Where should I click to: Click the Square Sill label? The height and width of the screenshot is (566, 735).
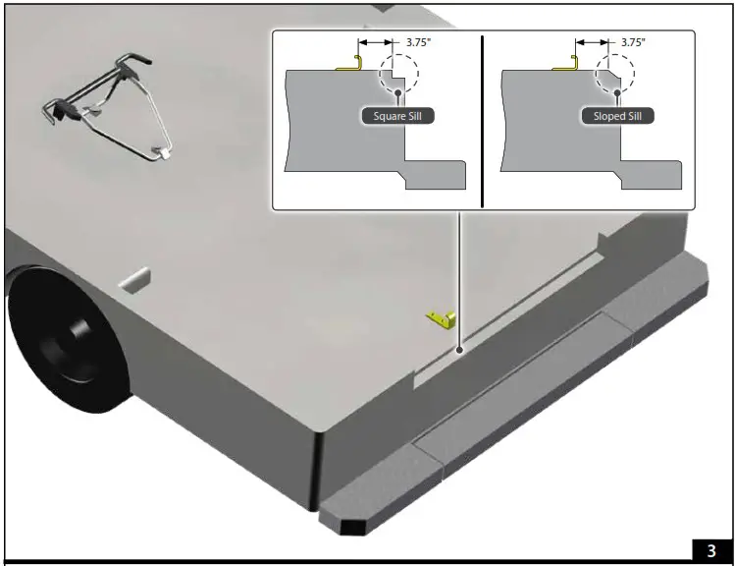tap(397, 116)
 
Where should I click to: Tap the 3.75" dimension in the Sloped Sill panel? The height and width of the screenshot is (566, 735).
tap(635, 43)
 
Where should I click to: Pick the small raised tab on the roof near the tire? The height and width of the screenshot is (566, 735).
tap(135, 281)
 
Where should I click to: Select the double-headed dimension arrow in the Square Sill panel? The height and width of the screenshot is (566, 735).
tap(376, 43)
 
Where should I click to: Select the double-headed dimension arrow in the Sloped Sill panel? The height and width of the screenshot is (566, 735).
tap(592, 43)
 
